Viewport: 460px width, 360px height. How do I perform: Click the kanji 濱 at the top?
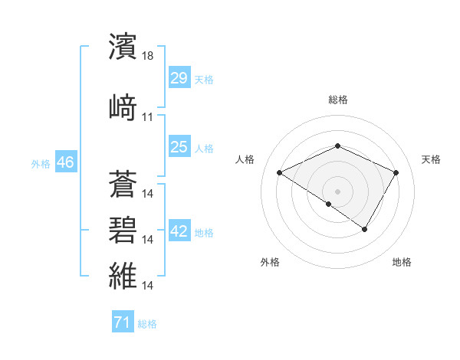123,47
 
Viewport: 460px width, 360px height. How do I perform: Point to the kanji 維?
123,274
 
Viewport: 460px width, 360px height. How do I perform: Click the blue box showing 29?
179,78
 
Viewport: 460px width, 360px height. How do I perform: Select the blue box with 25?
179,147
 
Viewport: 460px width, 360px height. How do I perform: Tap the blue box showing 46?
65,162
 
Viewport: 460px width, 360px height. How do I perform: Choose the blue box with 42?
179,232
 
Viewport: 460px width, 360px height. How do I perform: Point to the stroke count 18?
148,55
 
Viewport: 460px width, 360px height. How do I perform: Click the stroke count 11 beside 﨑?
148,117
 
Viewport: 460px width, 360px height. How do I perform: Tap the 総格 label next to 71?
147,324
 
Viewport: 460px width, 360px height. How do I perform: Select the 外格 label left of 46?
41,163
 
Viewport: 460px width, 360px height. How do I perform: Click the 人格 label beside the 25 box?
204,148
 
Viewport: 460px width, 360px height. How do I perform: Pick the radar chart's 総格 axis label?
338,100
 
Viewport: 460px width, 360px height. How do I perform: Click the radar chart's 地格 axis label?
402,263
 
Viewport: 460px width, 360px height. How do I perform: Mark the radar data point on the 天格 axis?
396,173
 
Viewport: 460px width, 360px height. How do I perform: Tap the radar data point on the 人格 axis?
280,173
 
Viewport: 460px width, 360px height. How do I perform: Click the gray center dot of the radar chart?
337,191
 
